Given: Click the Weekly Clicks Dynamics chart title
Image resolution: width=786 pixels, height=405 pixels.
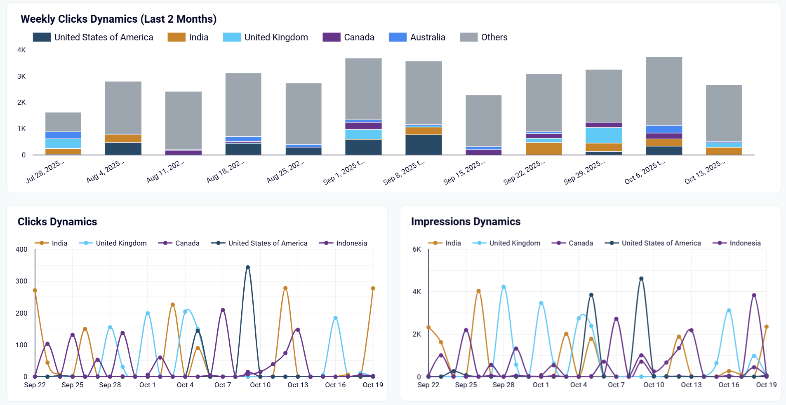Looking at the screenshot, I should [x=118, y=19].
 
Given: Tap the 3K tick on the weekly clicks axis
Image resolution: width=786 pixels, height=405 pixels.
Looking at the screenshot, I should [x=21, y=76].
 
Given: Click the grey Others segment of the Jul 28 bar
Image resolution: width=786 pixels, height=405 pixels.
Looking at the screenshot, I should [x=63, y=122].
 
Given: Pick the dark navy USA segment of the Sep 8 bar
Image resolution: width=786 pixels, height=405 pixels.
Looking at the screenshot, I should [x=424, y=145].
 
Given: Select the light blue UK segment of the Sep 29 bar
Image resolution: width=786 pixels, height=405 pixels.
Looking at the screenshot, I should [x=604, y=135].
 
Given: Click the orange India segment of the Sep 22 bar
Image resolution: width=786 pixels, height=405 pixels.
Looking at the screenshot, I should [x=544, y=149].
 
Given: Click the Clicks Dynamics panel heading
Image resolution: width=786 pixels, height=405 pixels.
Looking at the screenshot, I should [x=57, y=222].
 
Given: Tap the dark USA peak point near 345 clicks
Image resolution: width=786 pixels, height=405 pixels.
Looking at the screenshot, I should [x=248, y=267].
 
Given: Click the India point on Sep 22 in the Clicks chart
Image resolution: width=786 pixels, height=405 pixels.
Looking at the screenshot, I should [x=35, y=290].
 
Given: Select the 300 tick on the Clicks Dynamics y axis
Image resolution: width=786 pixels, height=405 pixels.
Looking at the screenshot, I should [x=21, y=281].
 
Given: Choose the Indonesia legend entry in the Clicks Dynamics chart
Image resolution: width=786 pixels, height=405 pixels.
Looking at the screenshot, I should [x=351, y=243].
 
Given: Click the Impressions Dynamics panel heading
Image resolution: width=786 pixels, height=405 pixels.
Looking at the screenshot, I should [x=466, y=222].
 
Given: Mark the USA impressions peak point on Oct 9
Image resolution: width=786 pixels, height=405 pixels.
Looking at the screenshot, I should [x=641, y=279].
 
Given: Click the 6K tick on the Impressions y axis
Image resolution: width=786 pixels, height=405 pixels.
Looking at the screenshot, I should [x=417, y=249].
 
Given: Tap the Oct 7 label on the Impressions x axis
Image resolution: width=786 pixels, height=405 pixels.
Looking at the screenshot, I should [x=616, y=385].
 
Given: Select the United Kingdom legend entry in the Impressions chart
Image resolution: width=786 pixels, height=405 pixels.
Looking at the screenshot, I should [x=514, y=243].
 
